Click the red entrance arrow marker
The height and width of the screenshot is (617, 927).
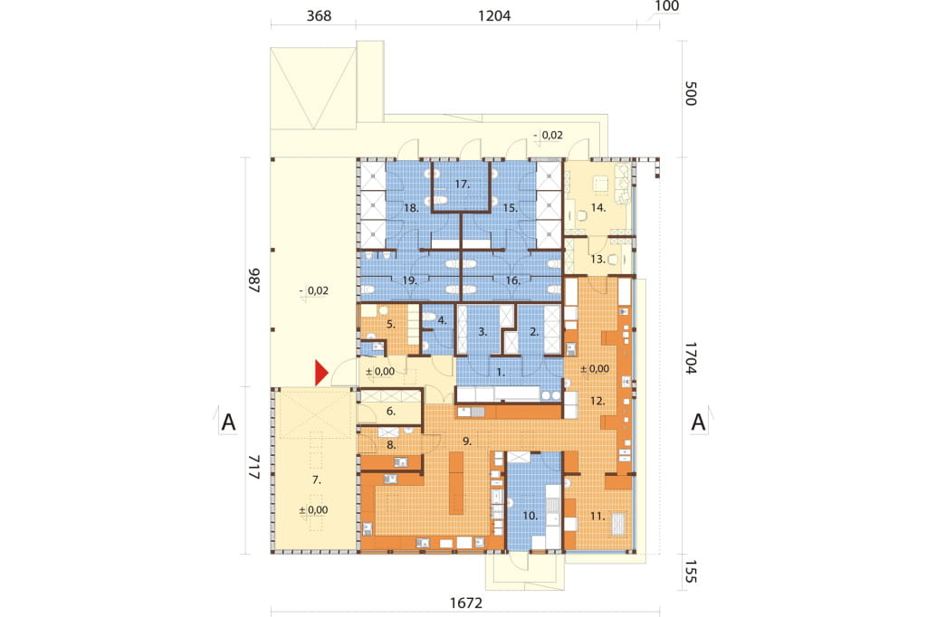(321, 373)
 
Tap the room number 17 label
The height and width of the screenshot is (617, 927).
(463, 185)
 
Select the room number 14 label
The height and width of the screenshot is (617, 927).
(598, 207)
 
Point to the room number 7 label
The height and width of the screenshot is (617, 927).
(317, 479)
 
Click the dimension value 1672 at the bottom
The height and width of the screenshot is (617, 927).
(466, 603)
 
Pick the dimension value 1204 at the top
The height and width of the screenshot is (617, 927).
(494, 16)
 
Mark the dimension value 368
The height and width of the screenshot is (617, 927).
(319, 16)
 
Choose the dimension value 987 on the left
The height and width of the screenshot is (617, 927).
(253, 280)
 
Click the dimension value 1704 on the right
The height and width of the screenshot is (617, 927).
(690, 357)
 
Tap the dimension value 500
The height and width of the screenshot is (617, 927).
(690, 93)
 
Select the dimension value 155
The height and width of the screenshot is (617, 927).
(690, 572)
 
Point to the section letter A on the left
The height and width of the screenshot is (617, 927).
(228, 422)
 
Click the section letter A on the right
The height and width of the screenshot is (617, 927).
(698, 422)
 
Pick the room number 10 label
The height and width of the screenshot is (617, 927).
(530, 516)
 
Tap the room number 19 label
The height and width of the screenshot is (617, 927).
(410, 280)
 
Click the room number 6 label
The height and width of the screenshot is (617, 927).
(391, 412)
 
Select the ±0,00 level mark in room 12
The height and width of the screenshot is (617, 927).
(595, 369)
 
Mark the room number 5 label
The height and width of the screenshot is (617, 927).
(391, 324)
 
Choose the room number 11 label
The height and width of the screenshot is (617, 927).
(597, 516)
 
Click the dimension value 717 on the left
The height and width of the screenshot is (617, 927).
(253, 467)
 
